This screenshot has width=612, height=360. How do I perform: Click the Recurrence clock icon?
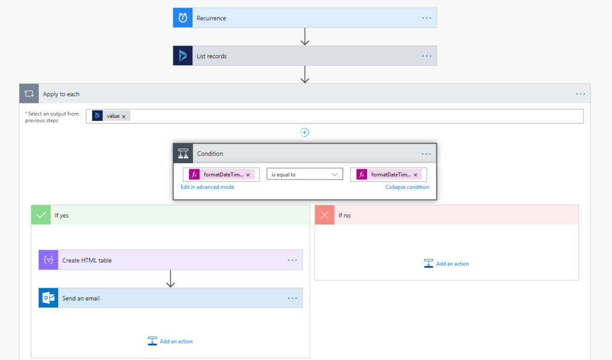183,18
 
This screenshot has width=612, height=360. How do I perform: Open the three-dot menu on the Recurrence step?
427,18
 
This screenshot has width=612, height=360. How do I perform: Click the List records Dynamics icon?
183,56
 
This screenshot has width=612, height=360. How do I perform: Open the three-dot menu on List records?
427,56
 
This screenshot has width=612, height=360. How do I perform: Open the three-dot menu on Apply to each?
580,94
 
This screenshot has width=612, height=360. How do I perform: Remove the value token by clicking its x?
124,116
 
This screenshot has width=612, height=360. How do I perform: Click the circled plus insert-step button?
305,133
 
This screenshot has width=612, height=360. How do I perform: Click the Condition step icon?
183,154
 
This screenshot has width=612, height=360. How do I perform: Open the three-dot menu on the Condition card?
426,154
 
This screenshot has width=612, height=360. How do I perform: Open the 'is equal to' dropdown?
305,175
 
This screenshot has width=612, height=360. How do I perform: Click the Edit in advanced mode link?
207,187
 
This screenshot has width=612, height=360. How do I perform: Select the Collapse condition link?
407,187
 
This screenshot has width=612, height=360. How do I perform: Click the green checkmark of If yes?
41,215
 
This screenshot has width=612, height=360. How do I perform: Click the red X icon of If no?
325,215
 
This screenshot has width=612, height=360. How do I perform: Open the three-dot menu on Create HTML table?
292,260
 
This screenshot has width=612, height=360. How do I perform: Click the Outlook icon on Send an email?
48,298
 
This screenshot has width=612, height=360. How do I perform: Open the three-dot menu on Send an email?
292,298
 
